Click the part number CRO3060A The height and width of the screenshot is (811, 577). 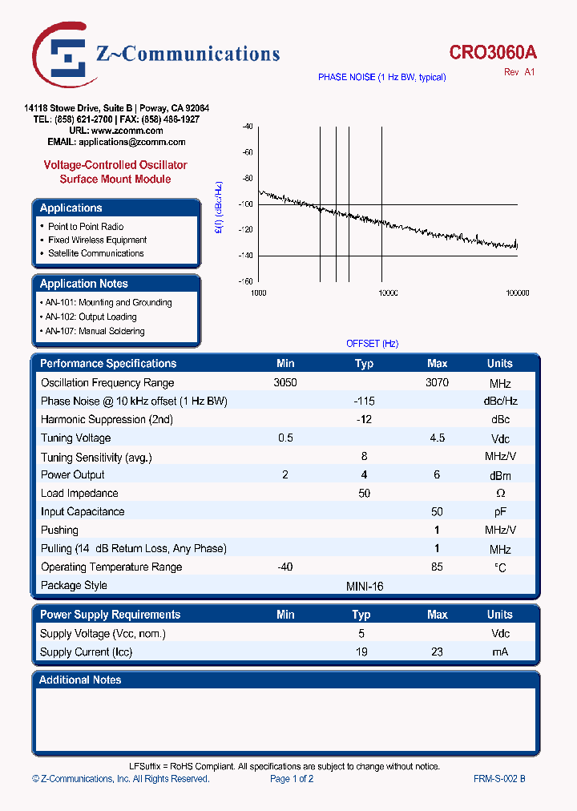click(x=493, y=53)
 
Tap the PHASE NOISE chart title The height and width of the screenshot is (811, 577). click(x=381, y=78)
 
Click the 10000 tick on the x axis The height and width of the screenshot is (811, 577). click(x=387, y=293)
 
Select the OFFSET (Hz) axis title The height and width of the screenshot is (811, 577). click(x=372, y=344)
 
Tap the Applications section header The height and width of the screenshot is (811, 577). click(x=71, y=208)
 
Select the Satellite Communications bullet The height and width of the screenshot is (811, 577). click(x=95, y=253)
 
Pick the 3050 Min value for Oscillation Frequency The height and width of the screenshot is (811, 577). click(x=285, y=383)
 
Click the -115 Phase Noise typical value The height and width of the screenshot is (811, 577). click(x=364, y=401)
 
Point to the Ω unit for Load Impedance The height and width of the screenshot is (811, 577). click(x=500, y=494)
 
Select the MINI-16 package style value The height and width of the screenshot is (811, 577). click(x=364, y=586)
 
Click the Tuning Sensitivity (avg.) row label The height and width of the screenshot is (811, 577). click(x=96, y=457)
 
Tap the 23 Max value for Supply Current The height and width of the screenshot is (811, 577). click(x=437, y=652)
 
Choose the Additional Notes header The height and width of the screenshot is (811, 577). click(x=81, y=680)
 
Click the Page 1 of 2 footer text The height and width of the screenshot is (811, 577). click(x=292, y=779)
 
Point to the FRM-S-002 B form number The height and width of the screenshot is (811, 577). click(x=499, y=779)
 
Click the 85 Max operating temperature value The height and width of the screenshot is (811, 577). click(x=437, y=567)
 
